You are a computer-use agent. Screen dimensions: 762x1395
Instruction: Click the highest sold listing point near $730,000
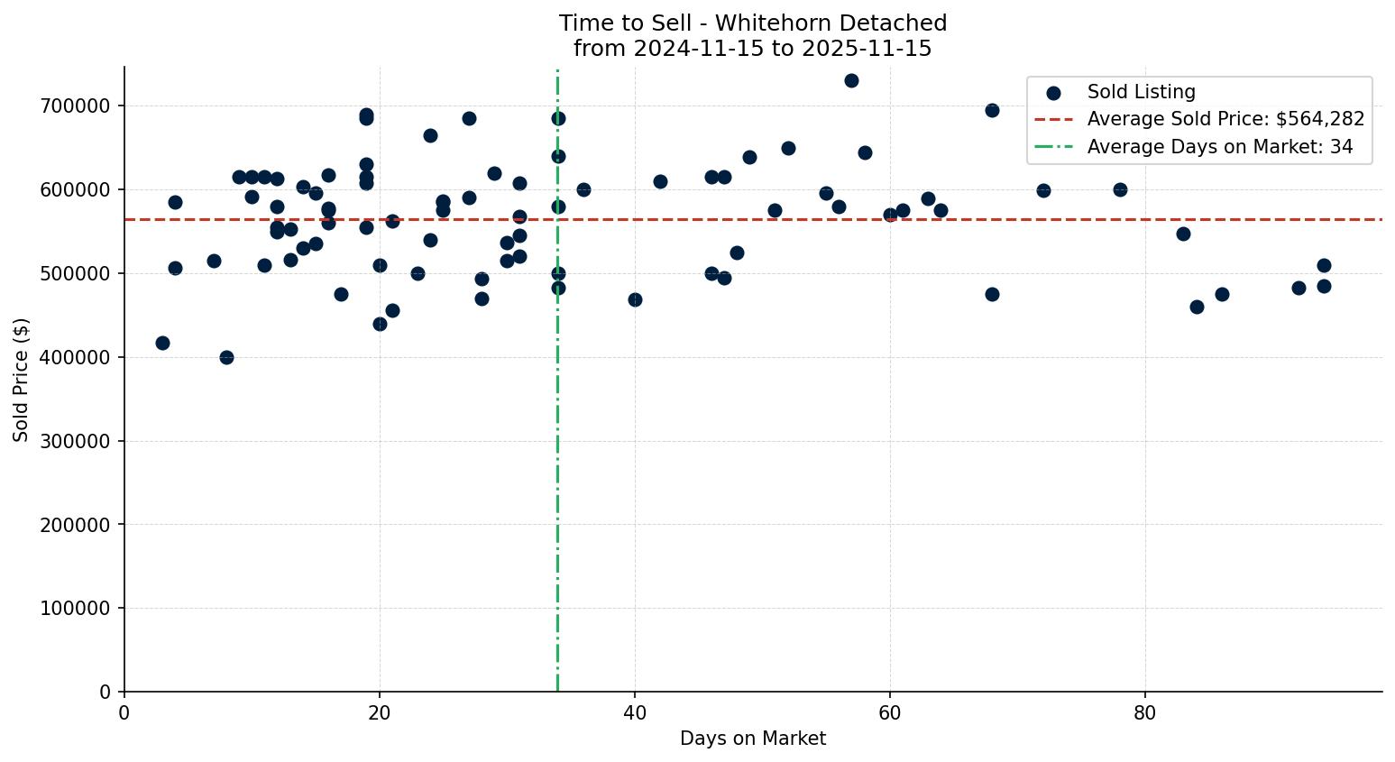point(851,80)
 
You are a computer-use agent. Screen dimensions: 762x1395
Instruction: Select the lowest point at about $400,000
point(226,357)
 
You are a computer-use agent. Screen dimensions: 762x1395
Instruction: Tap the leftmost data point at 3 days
point(162,343)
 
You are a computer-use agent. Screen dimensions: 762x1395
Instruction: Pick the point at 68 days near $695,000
point(992,110)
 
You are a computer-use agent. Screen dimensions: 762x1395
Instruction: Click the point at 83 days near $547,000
point(1183,234)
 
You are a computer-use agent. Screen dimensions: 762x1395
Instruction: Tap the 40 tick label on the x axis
point(635,712)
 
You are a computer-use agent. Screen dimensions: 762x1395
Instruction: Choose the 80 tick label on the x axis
point(1145,712)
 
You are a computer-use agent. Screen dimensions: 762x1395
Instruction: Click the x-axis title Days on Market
point(753,739)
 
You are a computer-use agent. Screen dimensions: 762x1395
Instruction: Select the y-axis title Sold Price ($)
point(22,380)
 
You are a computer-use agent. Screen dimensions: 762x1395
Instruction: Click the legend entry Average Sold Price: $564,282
point(1225,119)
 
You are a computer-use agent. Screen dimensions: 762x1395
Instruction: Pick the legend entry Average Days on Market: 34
point(1219,147)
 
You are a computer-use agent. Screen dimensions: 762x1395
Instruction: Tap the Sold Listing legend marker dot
point(1053,92)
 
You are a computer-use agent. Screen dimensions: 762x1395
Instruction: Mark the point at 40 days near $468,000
point(635,299)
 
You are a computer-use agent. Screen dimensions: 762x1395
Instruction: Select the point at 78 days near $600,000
point(1120,189)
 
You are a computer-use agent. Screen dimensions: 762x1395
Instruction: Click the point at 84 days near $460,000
point(1197,307)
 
